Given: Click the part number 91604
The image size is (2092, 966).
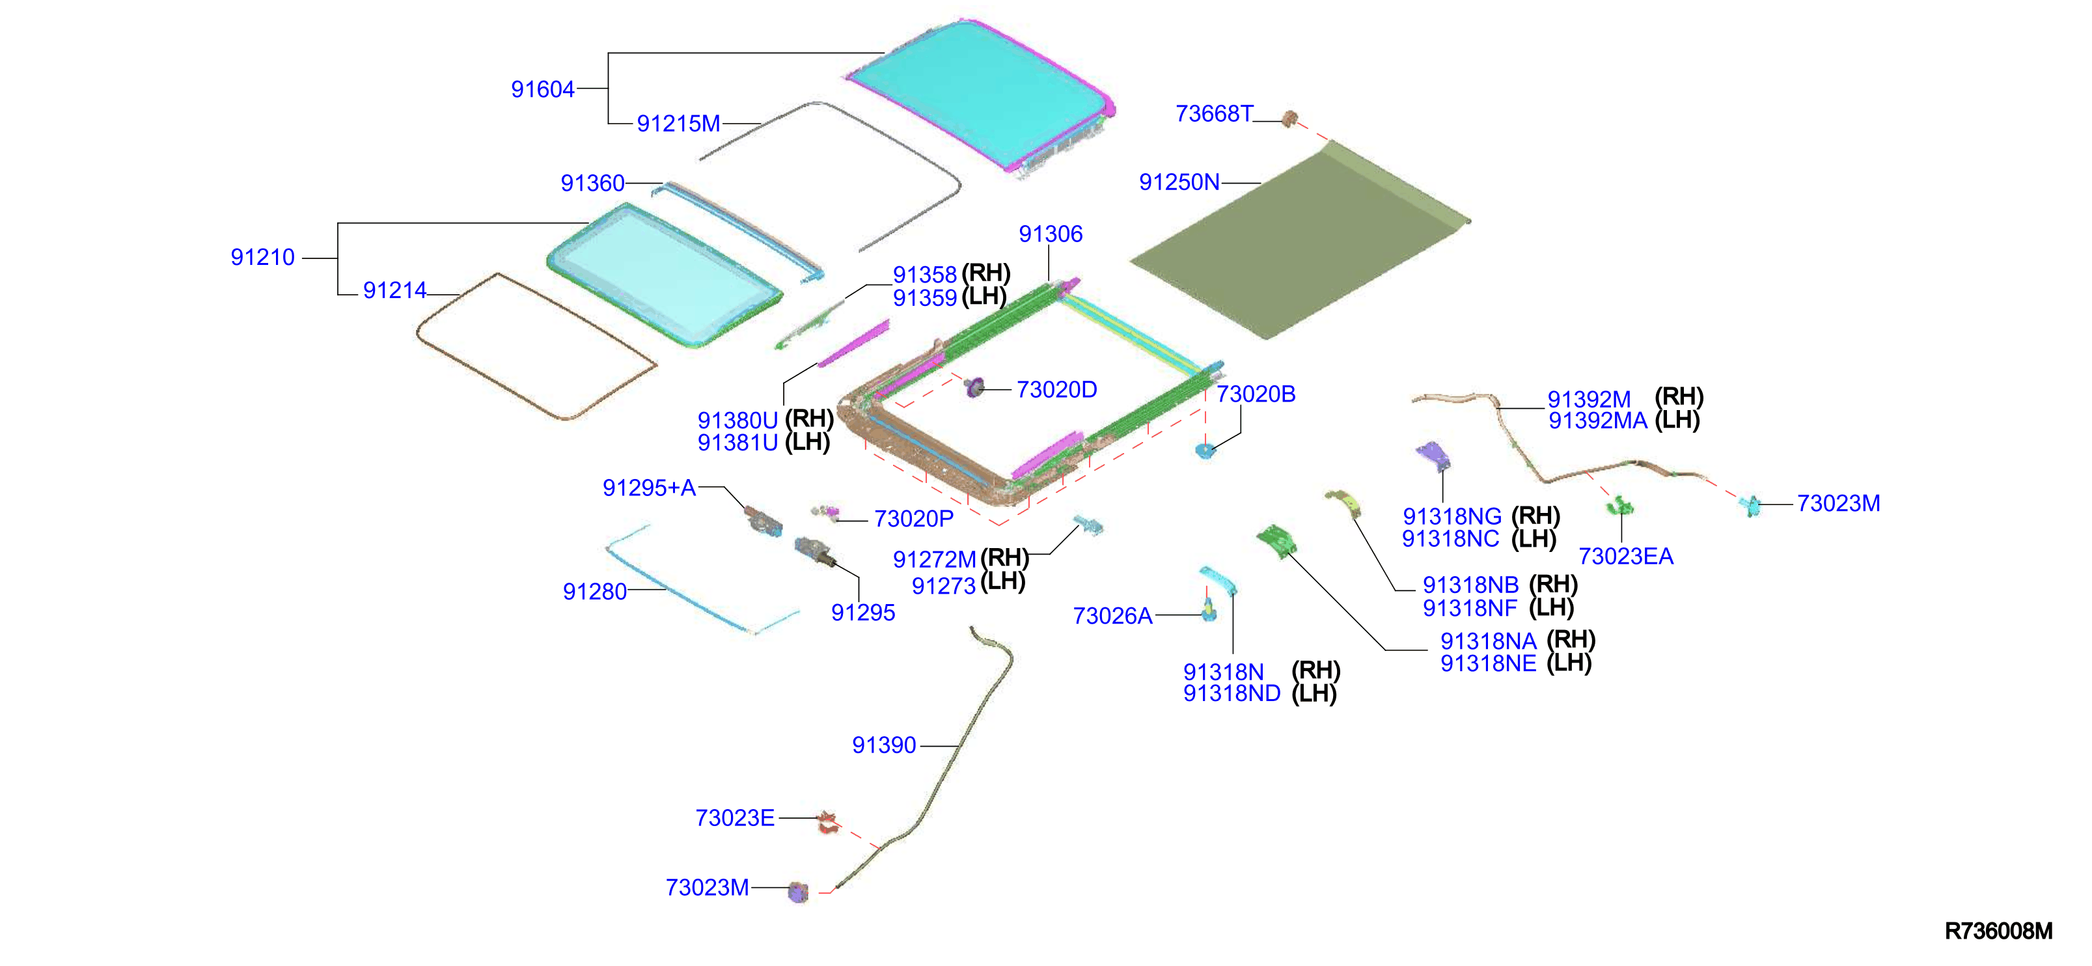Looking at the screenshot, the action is [x=542, y=89].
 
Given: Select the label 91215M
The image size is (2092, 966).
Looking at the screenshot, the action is [x=678, y=124].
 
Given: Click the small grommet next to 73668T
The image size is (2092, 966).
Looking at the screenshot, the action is [x=1289, y=119].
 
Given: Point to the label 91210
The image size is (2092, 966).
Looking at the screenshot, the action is [x=262, y=258].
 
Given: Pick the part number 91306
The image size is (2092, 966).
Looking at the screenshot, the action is [x=1051, y=234].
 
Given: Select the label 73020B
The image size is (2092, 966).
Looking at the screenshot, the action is [x=1256, y=394].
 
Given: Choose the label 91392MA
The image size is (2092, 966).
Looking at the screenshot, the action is [x=1597, y=421].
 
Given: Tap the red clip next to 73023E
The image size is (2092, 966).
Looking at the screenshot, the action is [x=827, y=821].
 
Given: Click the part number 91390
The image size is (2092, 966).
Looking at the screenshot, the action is [x=883, y=746].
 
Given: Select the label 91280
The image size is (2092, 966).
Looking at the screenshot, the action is [x=594, y=592].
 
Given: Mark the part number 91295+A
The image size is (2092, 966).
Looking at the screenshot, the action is [x=649, y=488].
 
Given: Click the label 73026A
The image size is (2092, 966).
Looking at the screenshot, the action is [x=1112, y=616].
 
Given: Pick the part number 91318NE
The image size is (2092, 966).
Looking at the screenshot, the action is [x=1488, y=664].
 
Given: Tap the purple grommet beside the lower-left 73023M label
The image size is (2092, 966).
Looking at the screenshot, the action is [x=798, y=892].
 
